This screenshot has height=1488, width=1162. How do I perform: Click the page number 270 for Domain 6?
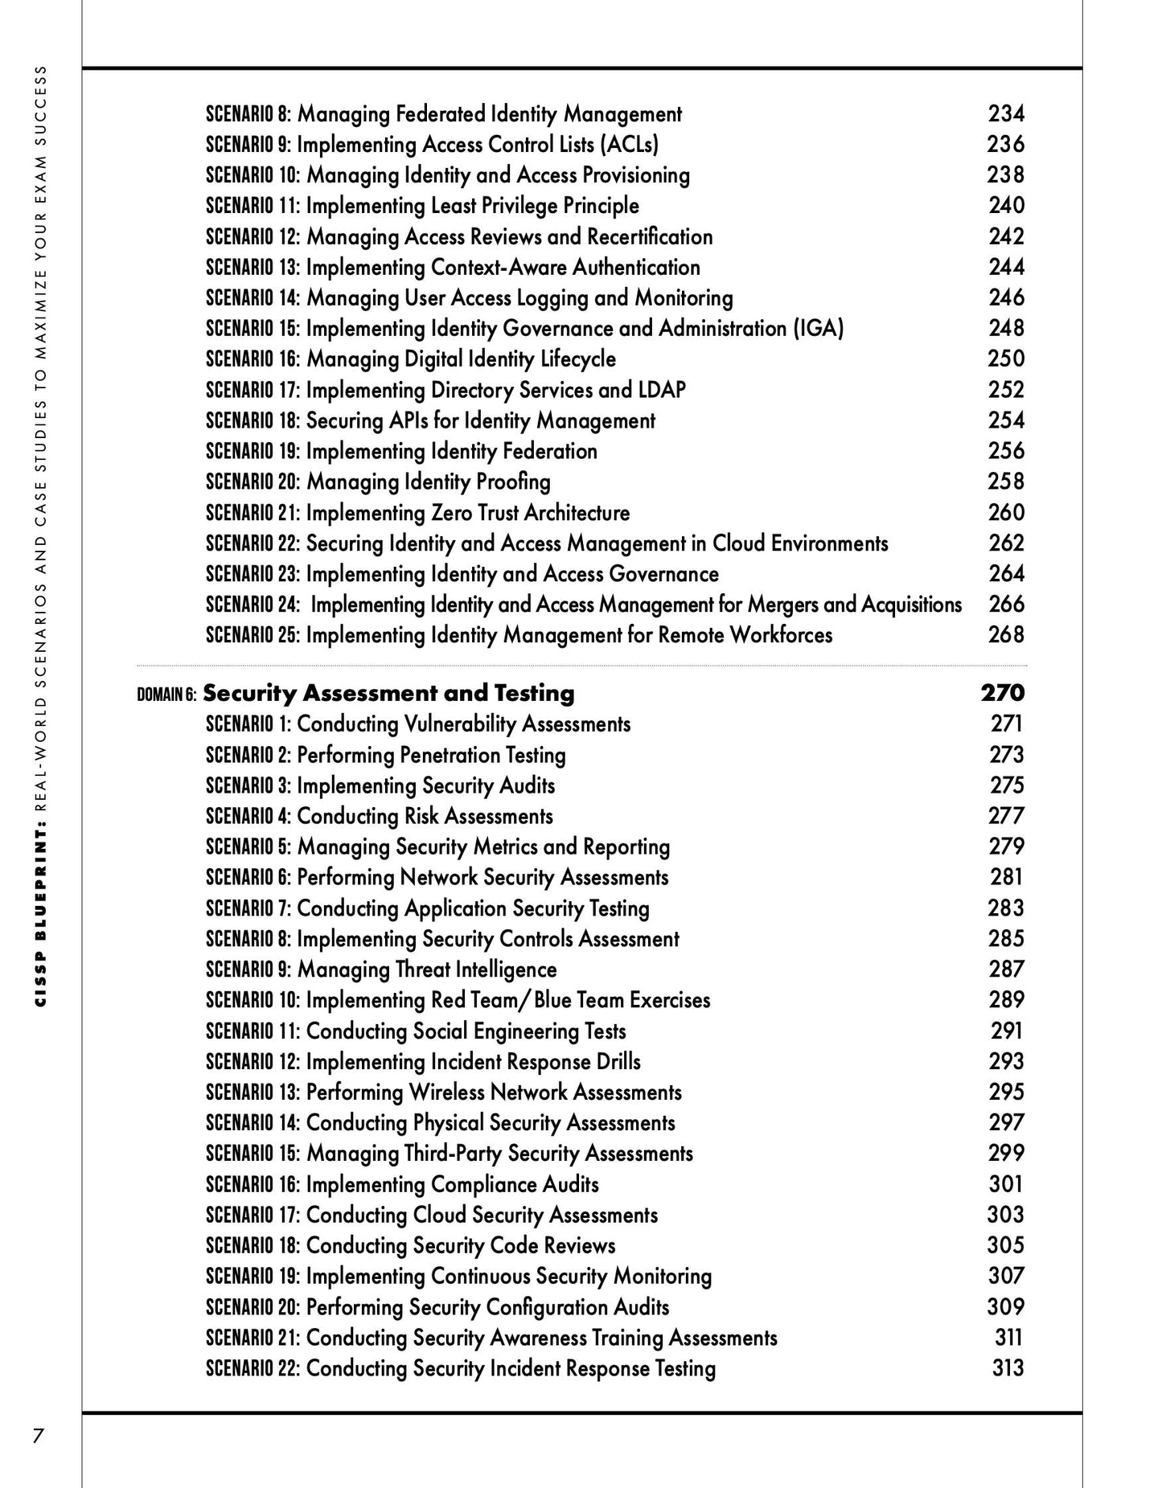tap(1002, 692)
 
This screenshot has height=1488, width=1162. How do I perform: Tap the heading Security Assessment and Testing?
tap(388, 693)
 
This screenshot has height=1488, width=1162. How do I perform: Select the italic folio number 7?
tap(37, 1436)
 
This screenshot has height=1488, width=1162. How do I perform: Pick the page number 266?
tap(1006, 604)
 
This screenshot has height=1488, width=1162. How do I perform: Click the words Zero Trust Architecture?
tap(530, 513)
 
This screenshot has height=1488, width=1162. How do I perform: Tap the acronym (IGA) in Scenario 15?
tap(818, 328)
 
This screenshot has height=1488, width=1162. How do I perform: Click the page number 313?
tap(1008, 1368)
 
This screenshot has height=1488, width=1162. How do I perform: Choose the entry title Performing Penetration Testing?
tap(431, 755)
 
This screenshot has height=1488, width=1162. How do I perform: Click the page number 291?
tap(1007, 1031)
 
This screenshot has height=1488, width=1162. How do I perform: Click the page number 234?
tap(1006, 113)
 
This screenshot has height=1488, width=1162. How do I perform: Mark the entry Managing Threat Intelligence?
tap(427, 969)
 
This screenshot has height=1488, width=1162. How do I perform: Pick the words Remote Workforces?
tap(745, 635)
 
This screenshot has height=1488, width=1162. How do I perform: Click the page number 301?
tap(1006, 1184)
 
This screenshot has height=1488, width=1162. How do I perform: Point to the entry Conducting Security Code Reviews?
tap(461, 1245)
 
